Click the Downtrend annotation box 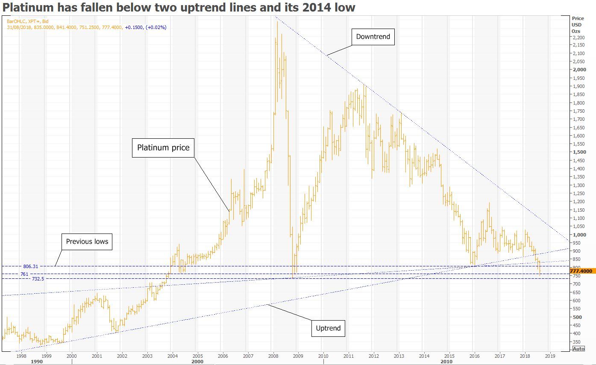(x=373, y=37)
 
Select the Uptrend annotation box (x=328, y=328)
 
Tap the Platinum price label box (x=163, y=148)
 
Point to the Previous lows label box (x=87, y=242)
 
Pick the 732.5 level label (x=38, y=279)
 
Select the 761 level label (x=24, y=274)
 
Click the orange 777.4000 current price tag (x=583, y=271)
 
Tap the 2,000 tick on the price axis (x=579, y=70)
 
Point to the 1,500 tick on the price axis (x=579, y=152)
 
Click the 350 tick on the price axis (x=577, y=342)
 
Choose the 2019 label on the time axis (x=550, y=355)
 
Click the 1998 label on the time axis (x=21, y=355)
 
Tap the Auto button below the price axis (x=578, y=349)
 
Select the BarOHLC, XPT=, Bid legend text (x=28, y=21)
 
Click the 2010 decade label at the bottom (x=446, y=362)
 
